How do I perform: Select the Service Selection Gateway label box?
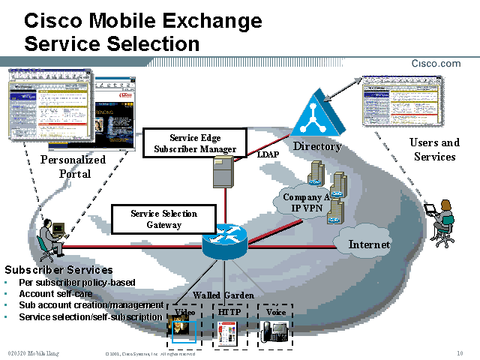163,219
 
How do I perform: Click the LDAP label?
268,154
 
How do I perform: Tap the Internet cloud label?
370,244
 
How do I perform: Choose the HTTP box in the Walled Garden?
228,325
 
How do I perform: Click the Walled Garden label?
223,295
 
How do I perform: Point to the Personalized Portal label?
73,166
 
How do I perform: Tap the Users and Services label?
434,149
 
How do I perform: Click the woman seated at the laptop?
443,221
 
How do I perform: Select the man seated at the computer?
50,238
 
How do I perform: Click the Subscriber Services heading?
59,270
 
